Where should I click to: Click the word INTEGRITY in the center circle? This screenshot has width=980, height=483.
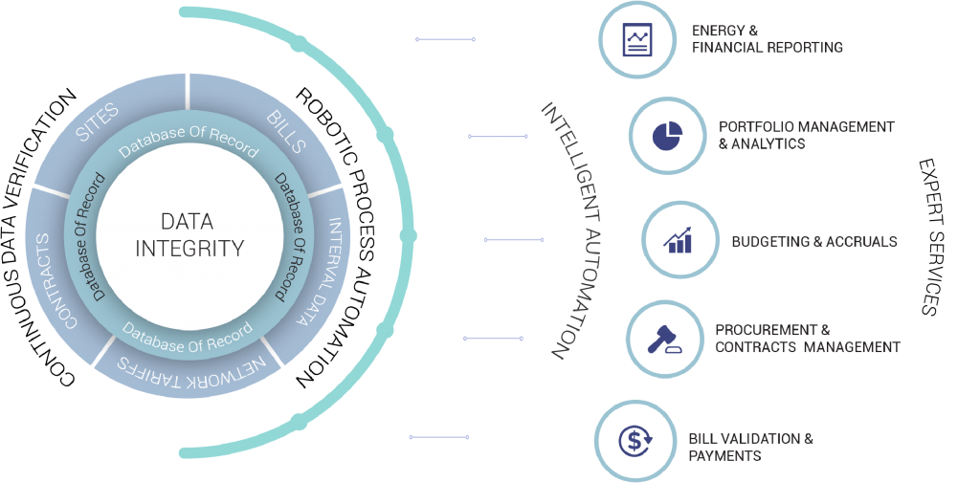pos(189,249)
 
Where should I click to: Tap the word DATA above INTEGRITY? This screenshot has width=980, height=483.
pos(187,222)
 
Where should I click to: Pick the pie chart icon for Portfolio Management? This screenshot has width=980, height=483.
pos(666,136)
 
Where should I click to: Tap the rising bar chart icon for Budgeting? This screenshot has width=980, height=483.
pos(679,240)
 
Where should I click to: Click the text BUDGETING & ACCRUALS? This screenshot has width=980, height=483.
pos(813,242)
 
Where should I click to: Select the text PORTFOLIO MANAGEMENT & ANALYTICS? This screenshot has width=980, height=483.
pos(806,135)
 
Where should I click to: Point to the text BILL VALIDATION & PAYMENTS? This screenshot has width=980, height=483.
pos(750,447)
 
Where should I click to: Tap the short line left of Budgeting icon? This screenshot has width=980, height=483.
pos(514,240)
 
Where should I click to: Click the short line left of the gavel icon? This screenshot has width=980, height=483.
pos(493,338)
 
